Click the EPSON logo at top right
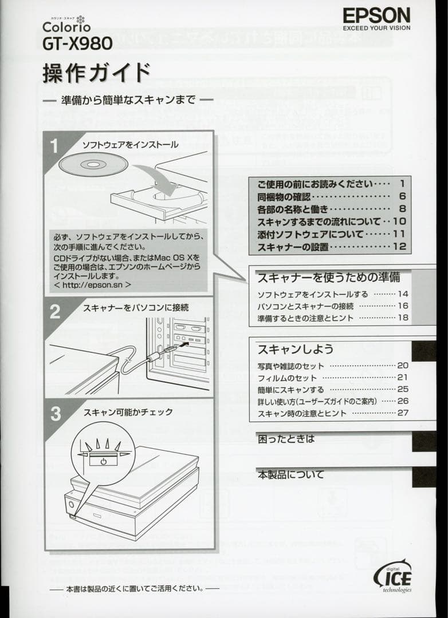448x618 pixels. [376, 15]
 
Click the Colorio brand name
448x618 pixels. [66, 27]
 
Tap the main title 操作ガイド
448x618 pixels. [96, 73]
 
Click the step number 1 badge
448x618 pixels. [55, 146]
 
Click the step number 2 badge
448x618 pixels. [55, 312]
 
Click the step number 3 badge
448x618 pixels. [55, 414]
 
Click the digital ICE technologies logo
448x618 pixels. [392, 574]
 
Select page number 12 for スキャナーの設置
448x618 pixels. [399, 247]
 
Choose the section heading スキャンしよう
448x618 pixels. [295, 349]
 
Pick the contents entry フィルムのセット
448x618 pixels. [287, 378]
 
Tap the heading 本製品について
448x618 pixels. [290, 474]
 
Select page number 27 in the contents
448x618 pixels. [403, 413]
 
